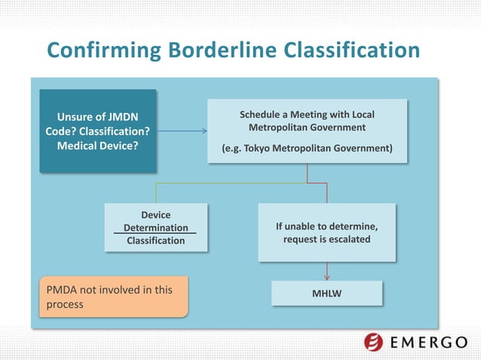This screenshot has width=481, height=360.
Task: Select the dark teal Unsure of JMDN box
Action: [98, 131]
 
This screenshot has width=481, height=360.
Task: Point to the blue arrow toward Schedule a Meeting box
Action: [181, 131]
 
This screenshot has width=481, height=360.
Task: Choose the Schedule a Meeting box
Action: [307, 131]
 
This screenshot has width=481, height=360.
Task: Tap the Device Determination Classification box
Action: [155, 227]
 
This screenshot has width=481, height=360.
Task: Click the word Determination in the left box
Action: [155, 227]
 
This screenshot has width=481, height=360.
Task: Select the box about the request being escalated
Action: [326, 232]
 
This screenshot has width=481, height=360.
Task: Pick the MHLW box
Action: [326, 293]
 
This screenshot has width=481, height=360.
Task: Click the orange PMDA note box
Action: [113, 297]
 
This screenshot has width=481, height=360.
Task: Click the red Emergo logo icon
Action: [374, 343]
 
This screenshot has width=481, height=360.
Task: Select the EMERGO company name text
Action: [430, 343]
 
